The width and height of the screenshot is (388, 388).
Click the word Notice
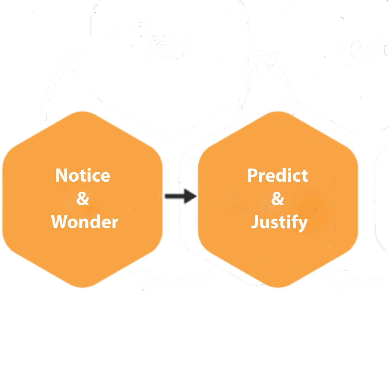coord(83,175)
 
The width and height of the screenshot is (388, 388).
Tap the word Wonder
coord(85,222)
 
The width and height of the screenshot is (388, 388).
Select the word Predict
coord(277,175)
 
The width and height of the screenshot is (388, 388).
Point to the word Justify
coord(279,222)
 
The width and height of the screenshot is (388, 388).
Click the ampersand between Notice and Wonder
coord(83,199)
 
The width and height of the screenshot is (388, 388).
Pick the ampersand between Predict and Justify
coord(278,199)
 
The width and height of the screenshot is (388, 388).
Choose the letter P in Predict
coord(252,175)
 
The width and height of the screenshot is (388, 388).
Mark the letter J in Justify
coord(256,222)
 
